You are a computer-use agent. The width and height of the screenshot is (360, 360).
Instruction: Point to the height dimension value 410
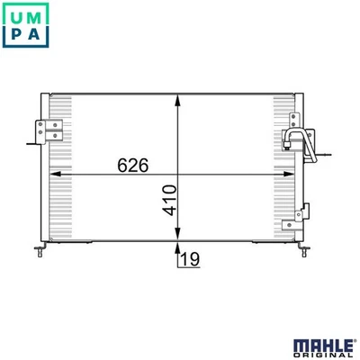tap(169, 199)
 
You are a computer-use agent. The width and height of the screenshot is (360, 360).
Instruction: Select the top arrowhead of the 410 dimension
tap(179, 98)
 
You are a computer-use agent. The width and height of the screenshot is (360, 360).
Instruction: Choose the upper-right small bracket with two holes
tap(293, 123)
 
